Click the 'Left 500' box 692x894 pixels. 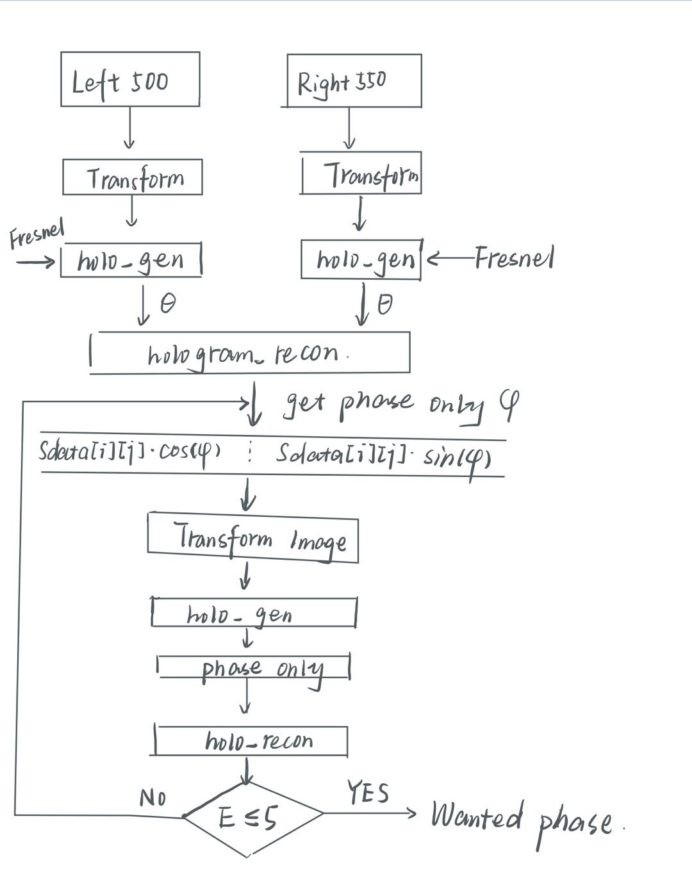pyautogui.click(x=130, y=79)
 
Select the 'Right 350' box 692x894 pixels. pyautogui.click(x=354, y=81)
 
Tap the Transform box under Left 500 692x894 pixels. pyautogui.click(x=133, y=177)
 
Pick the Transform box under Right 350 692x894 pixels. pyautogui.click(x=361, y=173)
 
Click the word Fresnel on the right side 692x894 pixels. pyautogui.click(x=514, y=258)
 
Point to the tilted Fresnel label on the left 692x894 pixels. pyautogui.click(x=37, y=234)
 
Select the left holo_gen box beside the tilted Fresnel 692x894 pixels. pyautogui.click(x=131, y=260)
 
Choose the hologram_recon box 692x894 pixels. pyautogui.click(x=250, y=353)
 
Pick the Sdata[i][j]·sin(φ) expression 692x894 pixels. pyautogui.click(x=383, y=455)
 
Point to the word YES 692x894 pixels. pyautogui.click(x=368, y=792)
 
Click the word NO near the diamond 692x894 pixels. pyautogui.click(x=152, y=797)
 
